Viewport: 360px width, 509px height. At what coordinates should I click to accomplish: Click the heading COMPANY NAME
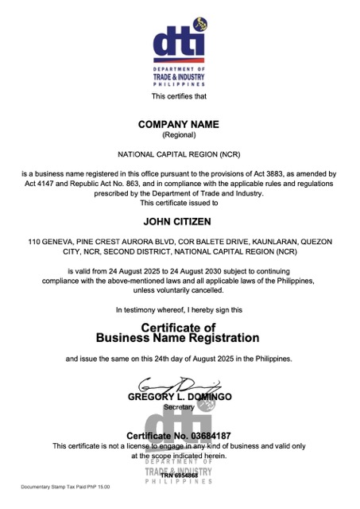click(178, 125)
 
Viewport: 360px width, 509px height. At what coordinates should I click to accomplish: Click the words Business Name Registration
click(178, 338)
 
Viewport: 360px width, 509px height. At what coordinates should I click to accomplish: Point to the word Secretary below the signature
click(178, 406)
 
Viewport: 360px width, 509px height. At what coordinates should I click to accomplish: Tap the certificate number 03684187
click(205, 437)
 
